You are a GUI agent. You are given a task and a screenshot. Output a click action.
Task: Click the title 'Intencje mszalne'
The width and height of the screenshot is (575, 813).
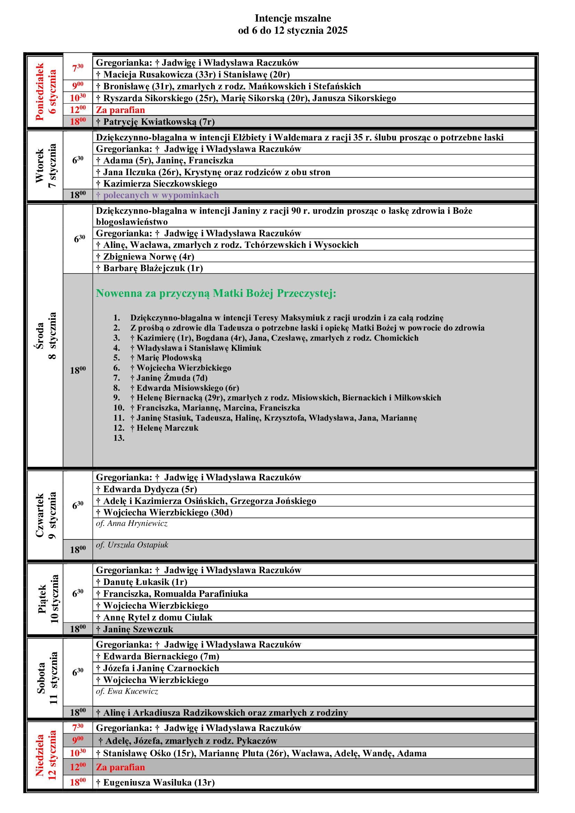[293, 18]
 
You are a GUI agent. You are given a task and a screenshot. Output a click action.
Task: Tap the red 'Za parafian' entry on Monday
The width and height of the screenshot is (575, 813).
[120, 110]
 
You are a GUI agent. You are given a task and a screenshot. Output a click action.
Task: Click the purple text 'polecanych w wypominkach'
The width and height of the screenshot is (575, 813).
[161, 195]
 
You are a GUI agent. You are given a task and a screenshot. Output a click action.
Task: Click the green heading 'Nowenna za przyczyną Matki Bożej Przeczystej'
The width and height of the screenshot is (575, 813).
[216, 293]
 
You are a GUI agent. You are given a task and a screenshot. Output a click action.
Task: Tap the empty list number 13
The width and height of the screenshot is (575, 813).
[119, 438]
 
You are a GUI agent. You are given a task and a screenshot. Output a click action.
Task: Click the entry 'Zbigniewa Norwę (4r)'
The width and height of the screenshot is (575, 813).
[148, 257]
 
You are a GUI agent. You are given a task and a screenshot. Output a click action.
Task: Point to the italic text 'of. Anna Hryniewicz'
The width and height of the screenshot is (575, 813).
[132, 523]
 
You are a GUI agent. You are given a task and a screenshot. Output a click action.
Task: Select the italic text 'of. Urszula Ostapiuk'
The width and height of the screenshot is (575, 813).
[132, 545]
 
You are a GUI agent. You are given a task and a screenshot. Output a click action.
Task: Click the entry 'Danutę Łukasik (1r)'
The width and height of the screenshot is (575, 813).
[145, 582]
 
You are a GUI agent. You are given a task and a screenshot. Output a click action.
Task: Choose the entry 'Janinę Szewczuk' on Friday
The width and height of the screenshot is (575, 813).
[138, 629]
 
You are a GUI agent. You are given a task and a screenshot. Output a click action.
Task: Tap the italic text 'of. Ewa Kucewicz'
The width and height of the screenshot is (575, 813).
[127, 691]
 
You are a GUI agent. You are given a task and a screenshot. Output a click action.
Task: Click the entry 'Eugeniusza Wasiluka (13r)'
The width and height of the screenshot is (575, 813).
[159, 782]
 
